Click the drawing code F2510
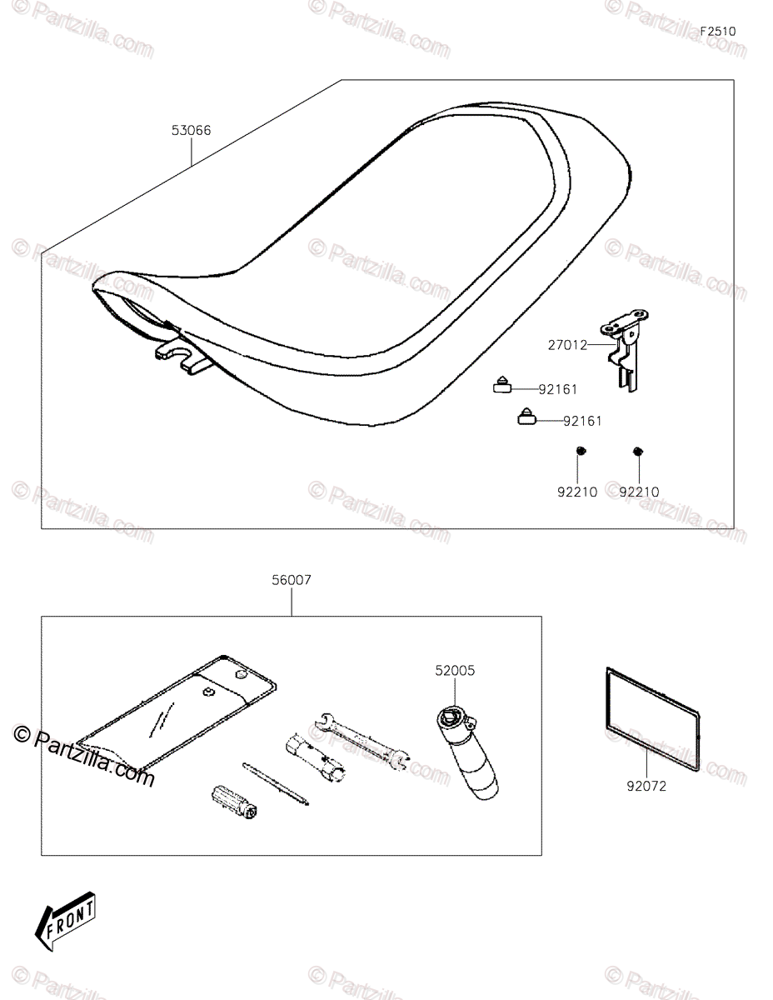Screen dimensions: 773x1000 pyautogui.click(x=717, y=32)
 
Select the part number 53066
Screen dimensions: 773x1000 pyautogui.click(x=191, y=130)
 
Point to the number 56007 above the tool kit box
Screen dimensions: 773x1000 pyautogui.click(x=291, y=580)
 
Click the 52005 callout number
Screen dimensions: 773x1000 pyautogui.click(x=455, y=670)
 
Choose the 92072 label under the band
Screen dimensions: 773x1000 pyautogui.click(x=647, y=784)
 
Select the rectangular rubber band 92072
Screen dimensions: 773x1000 pyautogui.click(x=651, y=704)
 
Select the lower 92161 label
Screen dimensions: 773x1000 pyautogui.click(x=582, y=422)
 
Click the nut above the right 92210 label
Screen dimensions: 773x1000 pyautogui.click(x=638, y=451)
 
